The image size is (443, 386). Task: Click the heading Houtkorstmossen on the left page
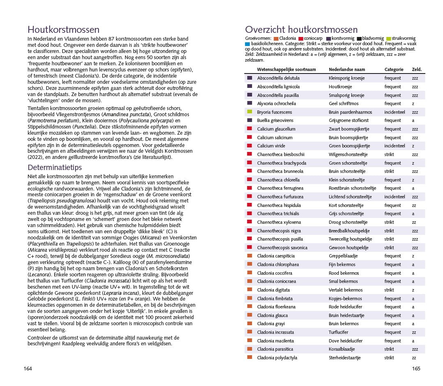point(63,30)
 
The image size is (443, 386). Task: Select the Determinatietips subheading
point(55,168)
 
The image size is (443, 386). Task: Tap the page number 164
point(28,368)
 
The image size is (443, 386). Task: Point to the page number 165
point(416,368)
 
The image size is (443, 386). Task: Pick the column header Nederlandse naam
point(347,69)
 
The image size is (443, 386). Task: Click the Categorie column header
point(394,69)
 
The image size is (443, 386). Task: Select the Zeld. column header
point(417,69)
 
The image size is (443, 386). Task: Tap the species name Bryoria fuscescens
point(275,112)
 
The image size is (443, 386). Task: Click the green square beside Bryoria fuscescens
point(249,112)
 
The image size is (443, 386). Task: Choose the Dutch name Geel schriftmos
point(344,103)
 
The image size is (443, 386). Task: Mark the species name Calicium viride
point(271,146)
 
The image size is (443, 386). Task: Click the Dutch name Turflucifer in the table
point(338,332)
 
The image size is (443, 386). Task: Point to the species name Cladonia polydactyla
point(277,358)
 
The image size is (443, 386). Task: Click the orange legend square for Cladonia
point(276,39)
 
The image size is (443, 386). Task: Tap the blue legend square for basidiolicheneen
point(247,44)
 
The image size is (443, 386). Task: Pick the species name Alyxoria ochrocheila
point(276,103)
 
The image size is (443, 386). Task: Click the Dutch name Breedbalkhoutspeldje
point(349,231)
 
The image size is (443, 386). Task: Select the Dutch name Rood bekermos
point(344,273)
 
